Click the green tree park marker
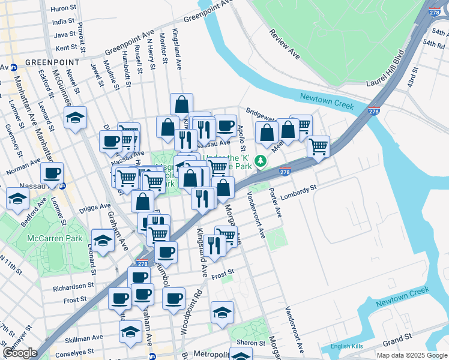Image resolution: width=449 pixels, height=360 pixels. (260, 161)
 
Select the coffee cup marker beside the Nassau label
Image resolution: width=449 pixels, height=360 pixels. (52, 173)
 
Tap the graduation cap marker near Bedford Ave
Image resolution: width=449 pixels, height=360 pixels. (17, 198)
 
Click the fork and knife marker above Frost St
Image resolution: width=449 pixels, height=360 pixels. (213, 244)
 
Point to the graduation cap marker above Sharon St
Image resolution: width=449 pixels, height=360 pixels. (222, 312)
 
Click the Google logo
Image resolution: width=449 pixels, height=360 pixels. (20, 352)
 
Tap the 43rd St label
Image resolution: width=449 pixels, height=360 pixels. (414, 78)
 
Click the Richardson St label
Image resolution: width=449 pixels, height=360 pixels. (73, 287)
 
